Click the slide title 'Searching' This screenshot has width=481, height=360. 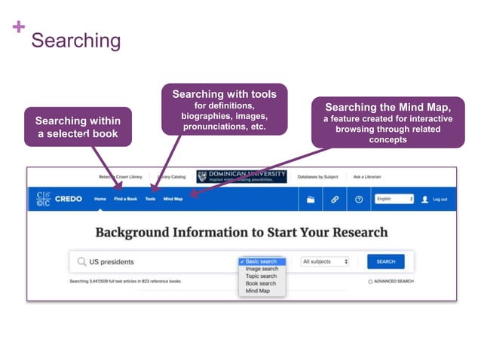point(75,40)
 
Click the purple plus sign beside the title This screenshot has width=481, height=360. point(19,27)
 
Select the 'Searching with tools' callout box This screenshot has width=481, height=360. point(224,110)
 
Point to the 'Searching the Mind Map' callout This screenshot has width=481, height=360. point(388,123)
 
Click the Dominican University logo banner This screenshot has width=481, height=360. point(241,176)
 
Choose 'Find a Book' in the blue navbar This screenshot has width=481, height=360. point(125,199)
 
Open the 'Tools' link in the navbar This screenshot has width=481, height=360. point(150,199)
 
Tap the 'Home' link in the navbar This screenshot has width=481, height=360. point(100,199)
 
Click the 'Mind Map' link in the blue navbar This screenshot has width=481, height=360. point(173,199)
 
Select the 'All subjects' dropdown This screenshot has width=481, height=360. point(325,261)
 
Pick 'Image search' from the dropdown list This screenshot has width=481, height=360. point(262,269)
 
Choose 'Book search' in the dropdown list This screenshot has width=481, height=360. point(261,283)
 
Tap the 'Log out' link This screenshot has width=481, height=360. point(440,199)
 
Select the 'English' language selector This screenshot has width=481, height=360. point(394,199)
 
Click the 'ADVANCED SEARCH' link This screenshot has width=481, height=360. point(394,281)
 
